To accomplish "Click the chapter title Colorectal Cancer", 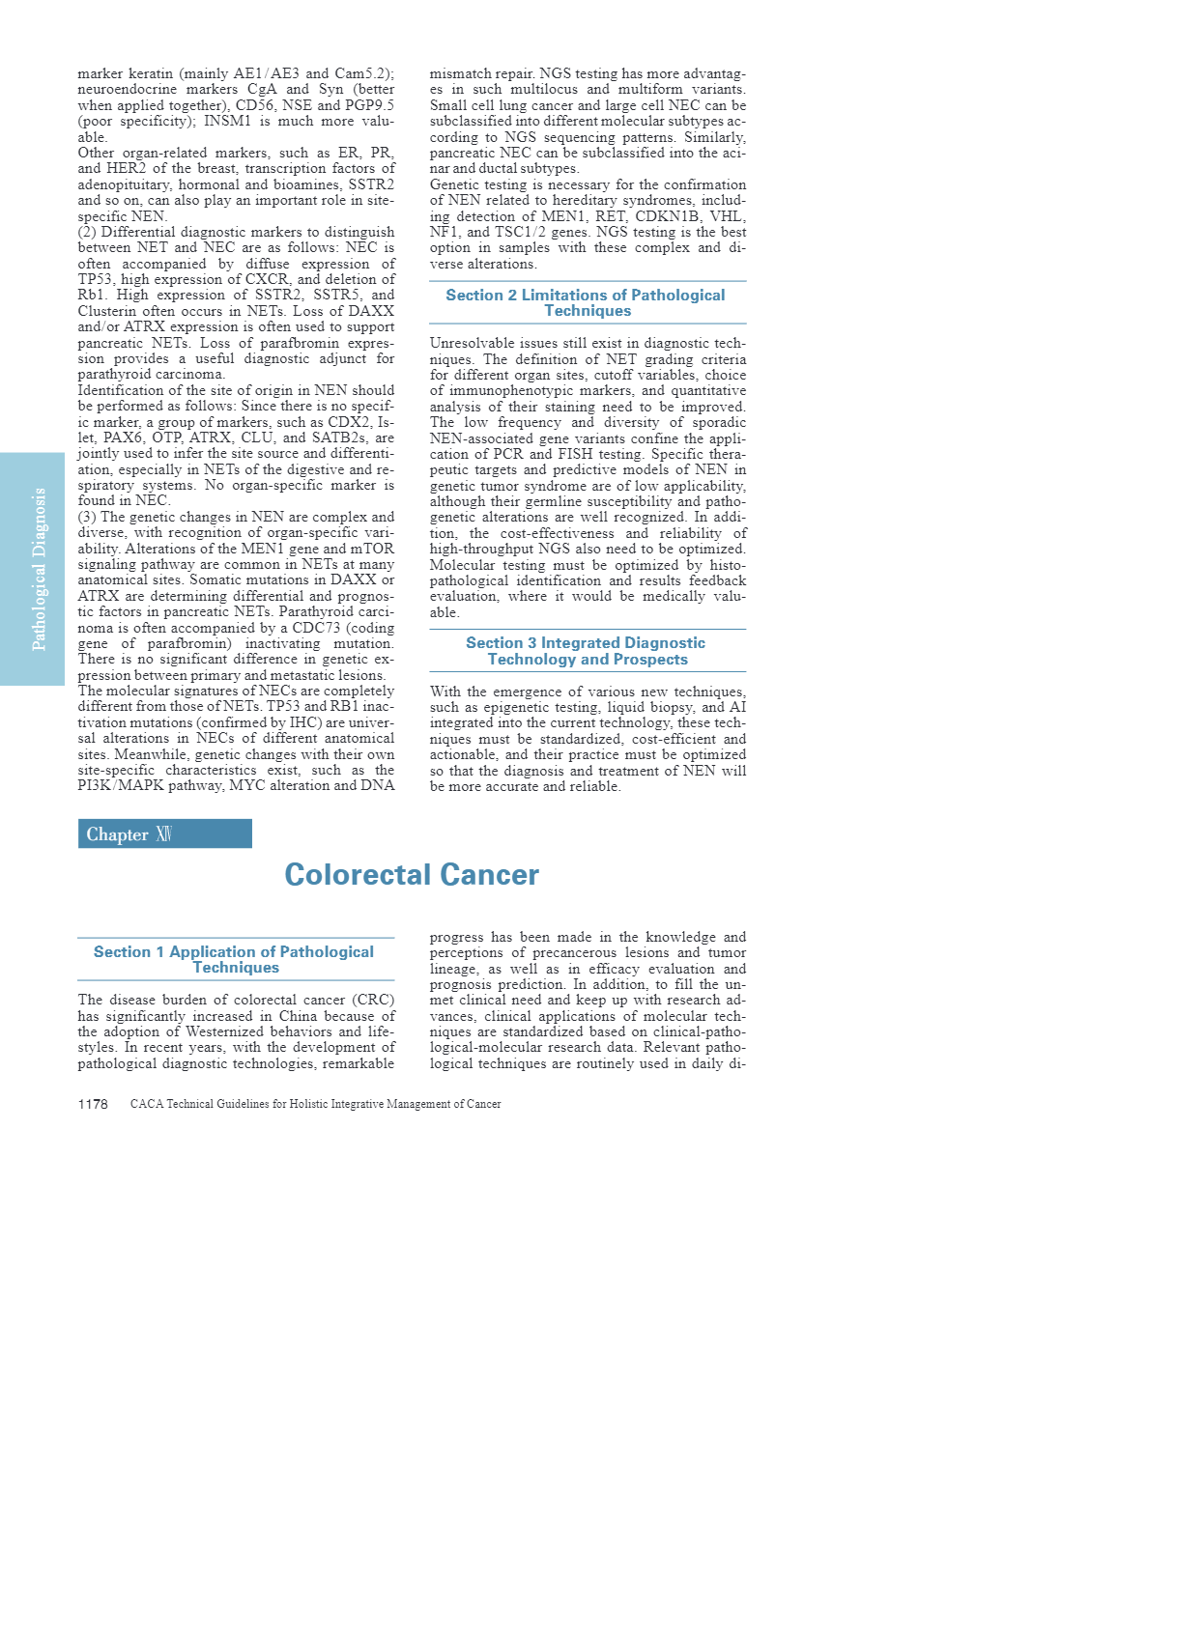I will pos(412,874).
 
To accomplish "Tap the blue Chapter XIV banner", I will pos(164,833).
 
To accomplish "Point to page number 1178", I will pos(93,1104).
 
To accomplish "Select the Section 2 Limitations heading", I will pos(587,302).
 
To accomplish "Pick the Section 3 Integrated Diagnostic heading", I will pos(587,651).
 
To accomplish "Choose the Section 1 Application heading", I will pos(235,959).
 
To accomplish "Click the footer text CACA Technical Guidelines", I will pos(315,1104).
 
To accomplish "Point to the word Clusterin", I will pos(107,311).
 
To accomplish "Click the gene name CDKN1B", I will pos(668,216).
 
